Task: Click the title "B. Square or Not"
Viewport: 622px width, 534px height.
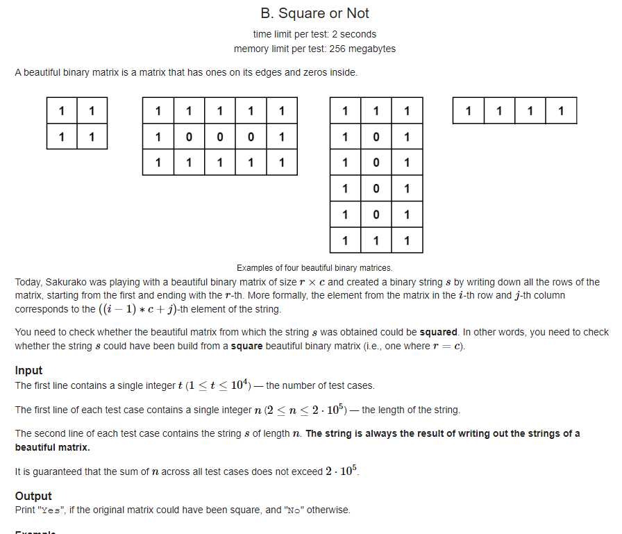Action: [314, 13]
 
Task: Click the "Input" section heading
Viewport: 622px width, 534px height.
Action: [28, 370]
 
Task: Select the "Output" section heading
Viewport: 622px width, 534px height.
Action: [33, 496]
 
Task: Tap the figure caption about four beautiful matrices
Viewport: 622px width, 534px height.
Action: [314, 267]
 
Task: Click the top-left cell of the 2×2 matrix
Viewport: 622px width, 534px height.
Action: [62, 110]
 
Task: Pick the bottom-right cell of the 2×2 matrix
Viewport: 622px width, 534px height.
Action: [92, 137]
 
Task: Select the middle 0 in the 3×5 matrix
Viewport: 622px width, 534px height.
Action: [220, 137]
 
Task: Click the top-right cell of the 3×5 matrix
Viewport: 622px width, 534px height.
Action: [282, 110]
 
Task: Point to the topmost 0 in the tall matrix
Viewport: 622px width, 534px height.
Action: [376, 137]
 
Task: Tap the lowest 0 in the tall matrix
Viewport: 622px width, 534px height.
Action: [376, 215]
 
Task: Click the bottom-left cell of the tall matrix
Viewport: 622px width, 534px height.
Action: [345, 241]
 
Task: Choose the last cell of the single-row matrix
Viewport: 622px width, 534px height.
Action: [561, 110]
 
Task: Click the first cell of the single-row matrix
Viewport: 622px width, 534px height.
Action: [469, 110]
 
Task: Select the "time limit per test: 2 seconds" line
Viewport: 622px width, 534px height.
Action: [314, 34]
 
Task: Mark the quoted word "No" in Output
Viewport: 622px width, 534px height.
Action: [290, 510]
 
